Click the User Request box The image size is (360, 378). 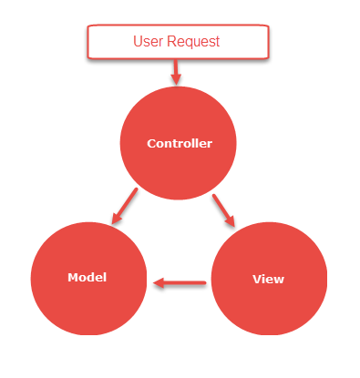coord(178,42)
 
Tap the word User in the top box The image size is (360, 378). coord(149,42)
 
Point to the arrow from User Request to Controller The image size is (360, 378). coord(177,71)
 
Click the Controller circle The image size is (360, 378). coord(179,143)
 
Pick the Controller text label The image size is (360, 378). coord(180,144)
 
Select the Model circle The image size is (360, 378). coord(88,277)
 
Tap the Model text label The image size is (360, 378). coord(87,277)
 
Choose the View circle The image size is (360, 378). coord(268,279)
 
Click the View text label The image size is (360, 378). coord(268,280)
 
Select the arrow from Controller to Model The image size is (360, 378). coord(124,207)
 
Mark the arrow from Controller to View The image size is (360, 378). coord(224,209)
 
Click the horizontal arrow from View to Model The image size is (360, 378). coord(180,282)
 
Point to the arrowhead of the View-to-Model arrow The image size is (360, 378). coord(159,282)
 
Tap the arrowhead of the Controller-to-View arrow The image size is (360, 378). coord(231,220)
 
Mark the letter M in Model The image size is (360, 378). coord(72,277)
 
